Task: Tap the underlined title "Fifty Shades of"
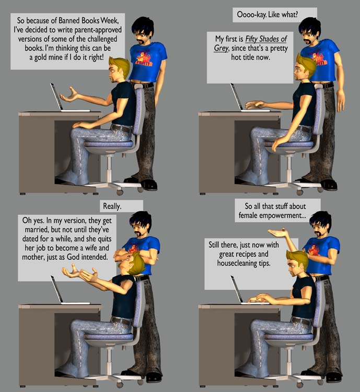pos(266,39)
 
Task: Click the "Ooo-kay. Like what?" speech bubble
pos(274,15)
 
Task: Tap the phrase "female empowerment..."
pos(272,215)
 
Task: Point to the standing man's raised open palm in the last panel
pos(277,233)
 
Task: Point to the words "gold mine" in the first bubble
pos(48,57)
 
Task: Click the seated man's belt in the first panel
pos(122,129)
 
